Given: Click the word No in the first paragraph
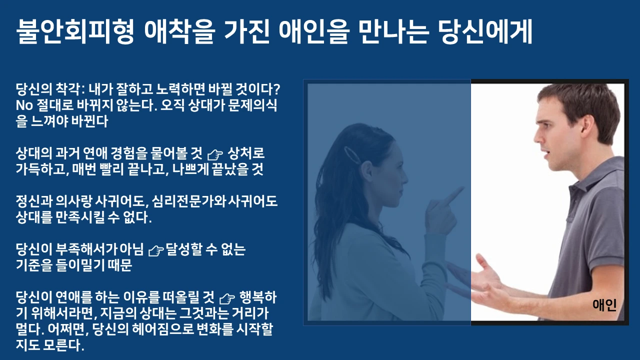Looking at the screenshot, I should pyautogui.click(x=24, y=105).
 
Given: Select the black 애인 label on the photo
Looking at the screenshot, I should pyautogui.click(x=604, y=304).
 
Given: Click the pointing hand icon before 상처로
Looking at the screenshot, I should pyautogui.click(x=215, y=153).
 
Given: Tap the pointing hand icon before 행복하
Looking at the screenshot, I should pyautogui.click(x=227, y=298).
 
